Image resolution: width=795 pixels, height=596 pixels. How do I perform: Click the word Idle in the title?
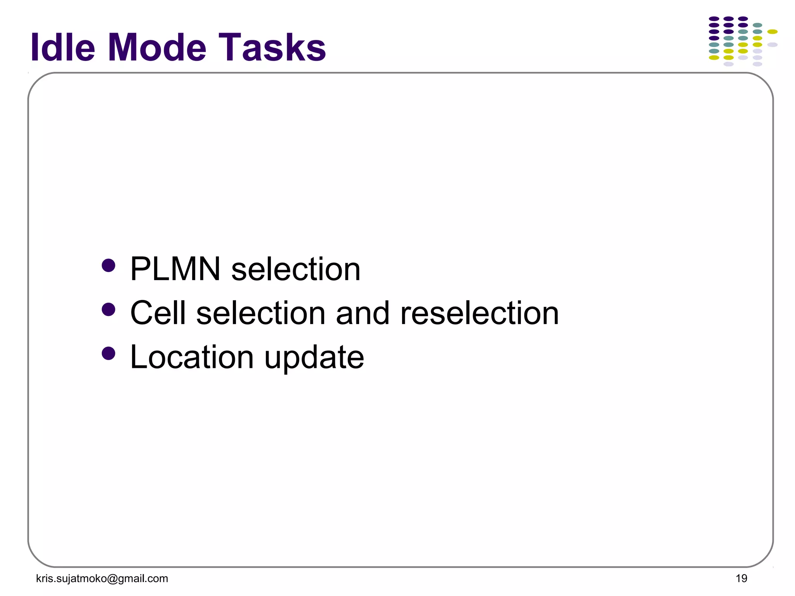point(62,47)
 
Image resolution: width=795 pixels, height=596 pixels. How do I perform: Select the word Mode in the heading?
point(157,47)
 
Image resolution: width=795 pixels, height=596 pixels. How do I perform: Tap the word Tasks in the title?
point(272,47)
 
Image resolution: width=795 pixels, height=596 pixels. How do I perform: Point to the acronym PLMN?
point(175,269)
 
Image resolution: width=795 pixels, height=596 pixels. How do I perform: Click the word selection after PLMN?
point(296,269)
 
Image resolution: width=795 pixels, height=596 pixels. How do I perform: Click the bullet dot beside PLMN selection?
point(108,266)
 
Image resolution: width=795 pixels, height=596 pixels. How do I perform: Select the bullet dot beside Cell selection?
point(108,310)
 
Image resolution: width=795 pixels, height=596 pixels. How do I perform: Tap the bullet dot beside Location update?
point(108,353)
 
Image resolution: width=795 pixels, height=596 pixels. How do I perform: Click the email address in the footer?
point(102,579)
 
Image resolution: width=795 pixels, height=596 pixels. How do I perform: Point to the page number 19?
point(741,579)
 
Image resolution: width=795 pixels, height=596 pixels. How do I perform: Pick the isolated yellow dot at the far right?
point(772,32)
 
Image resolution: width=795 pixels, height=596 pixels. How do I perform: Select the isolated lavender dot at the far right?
point(772,45)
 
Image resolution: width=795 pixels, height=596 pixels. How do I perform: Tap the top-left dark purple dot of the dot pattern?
point(714,19)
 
